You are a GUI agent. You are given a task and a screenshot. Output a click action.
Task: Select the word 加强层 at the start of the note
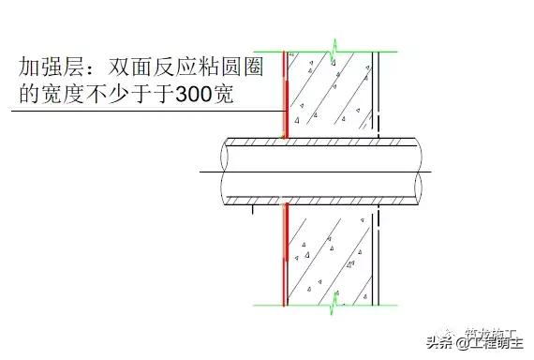point(49,67)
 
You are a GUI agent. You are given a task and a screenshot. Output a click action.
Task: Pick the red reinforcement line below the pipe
point(283,253)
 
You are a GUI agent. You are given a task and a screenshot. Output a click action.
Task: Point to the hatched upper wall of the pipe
point(319,142)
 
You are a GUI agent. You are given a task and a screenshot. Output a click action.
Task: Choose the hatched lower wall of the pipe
point(319,200)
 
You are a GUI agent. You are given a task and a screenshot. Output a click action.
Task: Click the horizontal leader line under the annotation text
point(141,112)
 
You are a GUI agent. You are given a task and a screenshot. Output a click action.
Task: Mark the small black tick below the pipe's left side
point(253,210)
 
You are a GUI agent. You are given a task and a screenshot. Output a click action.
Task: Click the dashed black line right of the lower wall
point(376,253)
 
